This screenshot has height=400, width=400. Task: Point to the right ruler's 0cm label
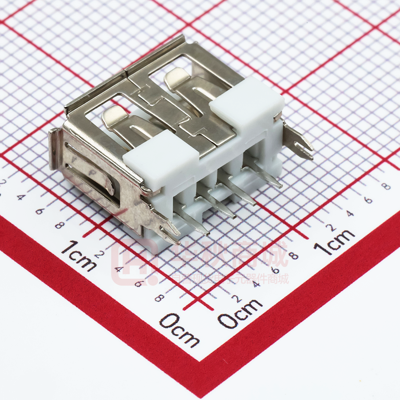coord(240,313)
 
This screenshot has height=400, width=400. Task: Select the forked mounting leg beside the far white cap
coord(300,143)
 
